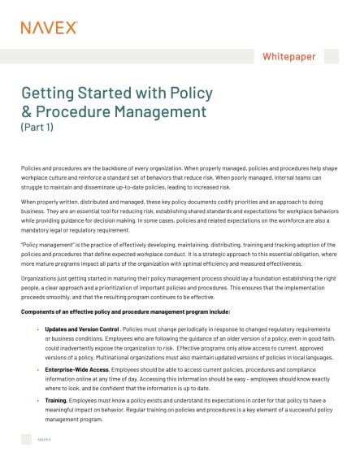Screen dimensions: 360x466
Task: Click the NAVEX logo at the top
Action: point(49,28)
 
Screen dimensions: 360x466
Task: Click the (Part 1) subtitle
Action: point(38,128)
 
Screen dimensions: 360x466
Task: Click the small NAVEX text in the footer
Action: point(46,440)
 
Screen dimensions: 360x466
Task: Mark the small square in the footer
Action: point(27,440)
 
